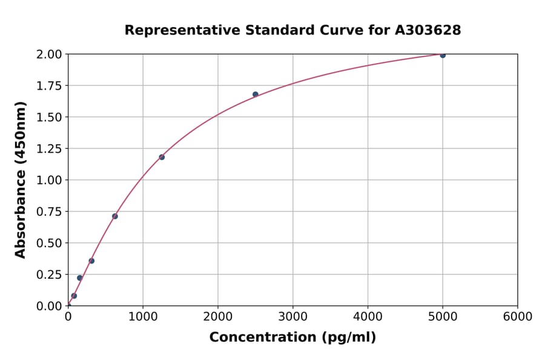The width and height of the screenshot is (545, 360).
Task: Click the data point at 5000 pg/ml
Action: (443, 55)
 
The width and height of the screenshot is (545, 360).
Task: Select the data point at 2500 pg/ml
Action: (256, 95)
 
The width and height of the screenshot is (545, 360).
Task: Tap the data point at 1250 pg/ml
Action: (162, 157)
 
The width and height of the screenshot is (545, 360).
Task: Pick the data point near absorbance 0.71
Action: (115, 216)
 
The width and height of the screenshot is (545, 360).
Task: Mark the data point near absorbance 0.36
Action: (91, 261)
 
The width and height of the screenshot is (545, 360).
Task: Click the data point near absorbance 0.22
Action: (79, 278)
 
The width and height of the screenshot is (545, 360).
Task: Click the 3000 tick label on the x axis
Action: (293, 317)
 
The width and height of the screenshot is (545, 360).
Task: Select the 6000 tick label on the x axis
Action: (518, 317)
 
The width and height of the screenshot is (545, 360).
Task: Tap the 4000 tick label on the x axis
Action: (368, 317)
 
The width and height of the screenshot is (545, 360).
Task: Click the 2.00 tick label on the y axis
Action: (50, 55)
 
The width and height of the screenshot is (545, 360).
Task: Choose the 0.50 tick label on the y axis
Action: (50, 243)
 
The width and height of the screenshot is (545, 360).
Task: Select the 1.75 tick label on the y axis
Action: (50, 86)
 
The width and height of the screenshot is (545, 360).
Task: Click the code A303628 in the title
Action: (428, 30)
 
